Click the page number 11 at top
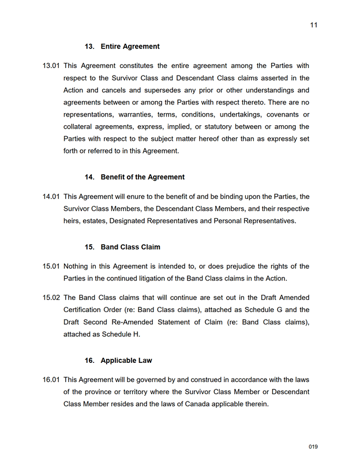[x=313, y=25]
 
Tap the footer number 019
[x=313, y=447]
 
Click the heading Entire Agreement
[x=130, y=46]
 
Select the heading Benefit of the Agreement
[x=142, y=177]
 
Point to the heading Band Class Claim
[x=130, y=247]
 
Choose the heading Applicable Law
[x=126, y=361]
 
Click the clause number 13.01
[x=51, y=66]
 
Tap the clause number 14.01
[x=51, y=197]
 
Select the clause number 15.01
[x=51, y=267]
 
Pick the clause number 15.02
[x=51, y=298]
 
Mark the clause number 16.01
[x=51, y=380]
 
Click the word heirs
[x=72, y=221]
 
